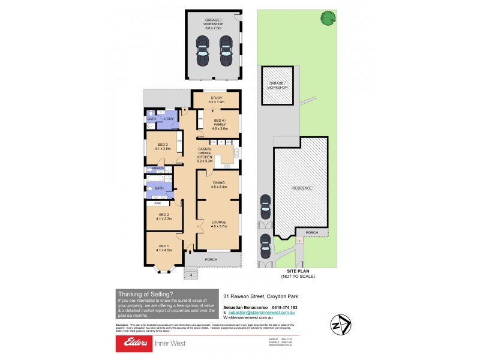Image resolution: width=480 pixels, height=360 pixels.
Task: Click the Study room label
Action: (x=216, y=100)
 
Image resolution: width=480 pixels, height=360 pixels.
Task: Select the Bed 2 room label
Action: (x=164, y=217)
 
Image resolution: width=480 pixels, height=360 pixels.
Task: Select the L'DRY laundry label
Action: (x=169, y=119)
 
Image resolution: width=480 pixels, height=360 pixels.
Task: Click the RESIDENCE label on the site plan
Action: (x=302, y=188)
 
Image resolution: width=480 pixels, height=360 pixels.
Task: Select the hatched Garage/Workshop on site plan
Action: (x=277, y=85)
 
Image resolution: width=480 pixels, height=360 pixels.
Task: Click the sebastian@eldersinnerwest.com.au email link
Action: (x=262, y=313)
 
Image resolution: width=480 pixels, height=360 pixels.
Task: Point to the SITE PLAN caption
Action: (x=298, y=272)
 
